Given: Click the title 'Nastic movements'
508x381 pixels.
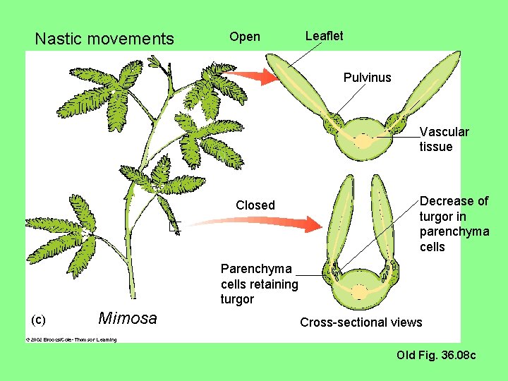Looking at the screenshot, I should coord(104,39).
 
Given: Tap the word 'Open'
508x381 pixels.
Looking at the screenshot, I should coord(245,37).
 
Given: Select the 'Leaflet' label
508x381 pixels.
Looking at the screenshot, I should coord(324,36).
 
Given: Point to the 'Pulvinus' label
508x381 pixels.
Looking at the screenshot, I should coord(367,78).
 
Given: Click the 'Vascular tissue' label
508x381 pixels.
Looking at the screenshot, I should coord(444,139).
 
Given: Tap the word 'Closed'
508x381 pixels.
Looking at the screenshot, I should coord(255,205).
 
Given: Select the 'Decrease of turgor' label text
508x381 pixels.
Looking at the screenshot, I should coord(454,224).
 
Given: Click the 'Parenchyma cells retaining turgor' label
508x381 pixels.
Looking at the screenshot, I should coord(259,284).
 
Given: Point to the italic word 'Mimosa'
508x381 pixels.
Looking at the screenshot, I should coord(128,318).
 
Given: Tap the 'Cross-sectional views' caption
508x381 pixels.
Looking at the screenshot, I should coord(361,322).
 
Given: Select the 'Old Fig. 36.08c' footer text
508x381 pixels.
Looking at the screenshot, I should coord(436,355).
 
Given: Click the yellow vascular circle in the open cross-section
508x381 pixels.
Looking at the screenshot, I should coord(363,141).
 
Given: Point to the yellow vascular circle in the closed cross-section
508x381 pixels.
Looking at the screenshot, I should coord(361,291).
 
